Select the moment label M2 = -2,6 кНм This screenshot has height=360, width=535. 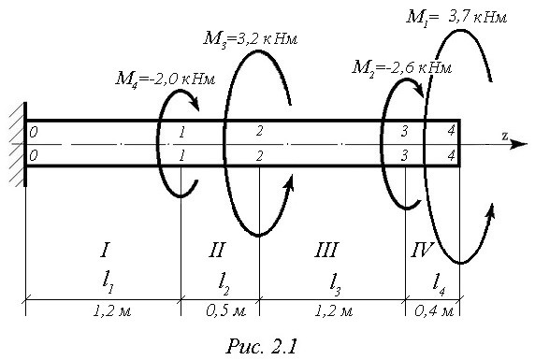tap(401, 67)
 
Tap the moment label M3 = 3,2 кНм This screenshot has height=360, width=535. tap(251, 39)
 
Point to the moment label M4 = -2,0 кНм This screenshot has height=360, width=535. tap(166, 79)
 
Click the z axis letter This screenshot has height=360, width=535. tap(505, 136)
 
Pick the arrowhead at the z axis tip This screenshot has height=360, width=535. tap(519, 144)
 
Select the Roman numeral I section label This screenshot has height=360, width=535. tap(105, 250)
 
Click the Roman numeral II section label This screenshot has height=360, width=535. tap(217, 250)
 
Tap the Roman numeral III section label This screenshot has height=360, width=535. tap(326, 250)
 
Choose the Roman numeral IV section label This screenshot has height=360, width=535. tap(422, 250)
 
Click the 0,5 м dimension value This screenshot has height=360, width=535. tap(225, 311)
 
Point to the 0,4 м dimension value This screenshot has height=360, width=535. tap(434, 311)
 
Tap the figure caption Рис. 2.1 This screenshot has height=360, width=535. tap(261, 346)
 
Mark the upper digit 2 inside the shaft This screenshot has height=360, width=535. tap(260, 131)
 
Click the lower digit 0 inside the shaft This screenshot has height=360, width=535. tap(33, 156)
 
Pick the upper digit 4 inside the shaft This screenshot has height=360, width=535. tap(452, 131)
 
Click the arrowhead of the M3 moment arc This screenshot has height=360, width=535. tap(289, 181)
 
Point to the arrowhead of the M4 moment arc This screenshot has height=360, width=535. tap(195, 104)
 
